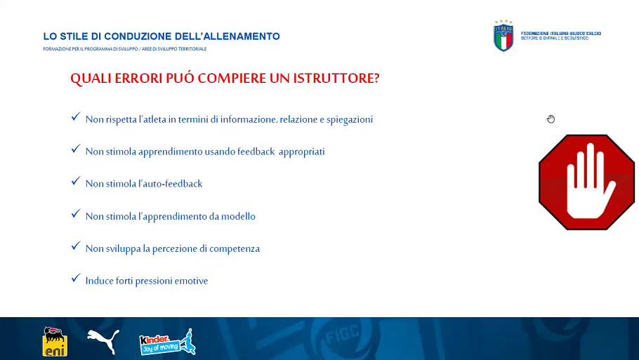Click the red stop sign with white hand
click(586, 182)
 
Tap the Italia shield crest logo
click(503, 36)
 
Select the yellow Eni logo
click(55, 341)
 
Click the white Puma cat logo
click(103, 341)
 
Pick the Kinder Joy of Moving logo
click(168, 342)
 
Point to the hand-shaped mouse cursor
click(551, 119)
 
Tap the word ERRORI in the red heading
click(138, 78)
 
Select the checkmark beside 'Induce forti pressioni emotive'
click(76, 278)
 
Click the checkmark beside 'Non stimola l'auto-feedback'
click(76, 181)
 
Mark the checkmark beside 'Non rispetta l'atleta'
click(76, 117)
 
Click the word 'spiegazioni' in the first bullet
click(350, 120)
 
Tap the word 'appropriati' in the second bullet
click(301, 152)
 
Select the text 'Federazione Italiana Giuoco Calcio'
click(561, 34)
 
